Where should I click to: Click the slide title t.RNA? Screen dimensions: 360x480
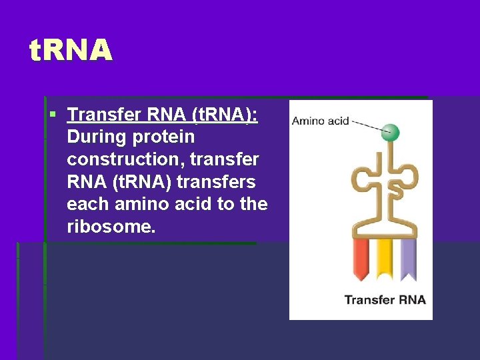pos(71,51)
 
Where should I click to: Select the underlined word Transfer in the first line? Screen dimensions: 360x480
pos(104,115)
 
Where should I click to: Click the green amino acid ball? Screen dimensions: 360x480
pos(391,132)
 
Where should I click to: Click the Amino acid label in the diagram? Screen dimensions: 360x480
pos(321,121)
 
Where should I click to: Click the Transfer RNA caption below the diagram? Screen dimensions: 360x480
pos(385,299)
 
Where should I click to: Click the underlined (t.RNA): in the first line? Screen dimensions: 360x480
pos(224,115)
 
